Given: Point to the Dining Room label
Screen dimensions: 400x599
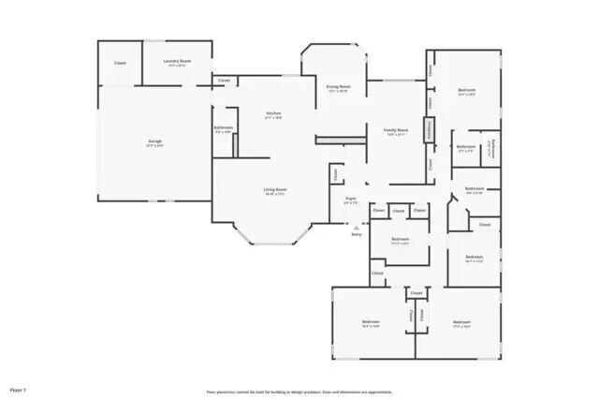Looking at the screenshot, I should (338, 87).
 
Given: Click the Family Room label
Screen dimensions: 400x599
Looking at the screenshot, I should (396, 131).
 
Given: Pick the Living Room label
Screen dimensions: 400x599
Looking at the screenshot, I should (274, 190).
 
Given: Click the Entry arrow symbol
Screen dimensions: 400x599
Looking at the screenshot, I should (356, 228).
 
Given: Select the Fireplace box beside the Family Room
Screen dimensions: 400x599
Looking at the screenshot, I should (430, 129).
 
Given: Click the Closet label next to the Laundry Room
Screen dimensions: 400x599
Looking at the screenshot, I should (120, 63).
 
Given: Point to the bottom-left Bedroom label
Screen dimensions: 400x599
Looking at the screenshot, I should (371, 323).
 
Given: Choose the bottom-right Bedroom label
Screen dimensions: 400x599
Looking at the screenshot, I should (461, 323).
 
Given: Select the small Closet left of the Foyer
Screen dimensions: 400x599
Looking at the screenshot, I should (334, 173).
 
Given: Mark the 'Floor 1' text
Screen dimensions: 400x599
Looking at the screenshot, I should (18, 387).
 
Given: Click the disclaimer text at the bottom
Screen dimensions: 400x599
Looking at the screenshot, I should (299, 392).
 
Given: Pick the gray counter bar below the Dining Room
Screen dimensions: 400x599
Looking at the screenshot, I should (339, 140).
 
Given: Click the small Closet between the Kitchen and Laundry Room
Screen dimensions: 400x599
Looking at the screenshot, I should (223, 81).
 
